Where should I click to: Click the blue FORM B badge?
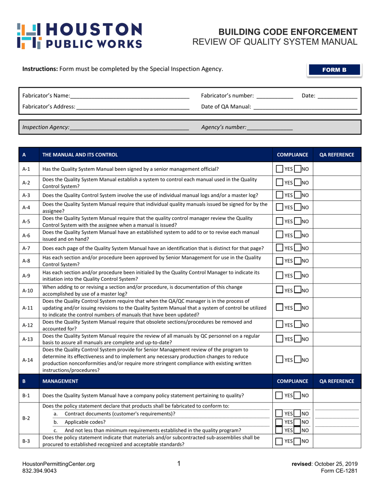pos(334,70)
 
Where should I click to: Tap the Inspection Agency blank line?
pos(129,128)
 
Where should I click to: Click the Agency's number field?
pos(270,128)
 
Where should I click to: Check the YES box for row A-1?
pos(279,169)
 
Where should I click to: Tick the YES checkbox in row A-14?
pos(279,360)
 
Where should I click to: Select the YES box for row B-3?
pos(279,441)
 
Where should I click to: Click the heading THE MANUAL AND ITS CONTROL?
pos(80,155)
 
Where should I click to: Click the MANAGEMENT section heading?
pos(60,382)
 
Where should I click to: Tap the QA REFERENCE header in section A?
pos(337,155)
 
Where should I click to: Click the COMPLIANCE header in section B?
pos(292,382)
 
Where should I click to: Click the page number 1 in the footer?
pos(179,464)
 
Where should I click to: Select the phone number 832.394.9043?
pos(39,471)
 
